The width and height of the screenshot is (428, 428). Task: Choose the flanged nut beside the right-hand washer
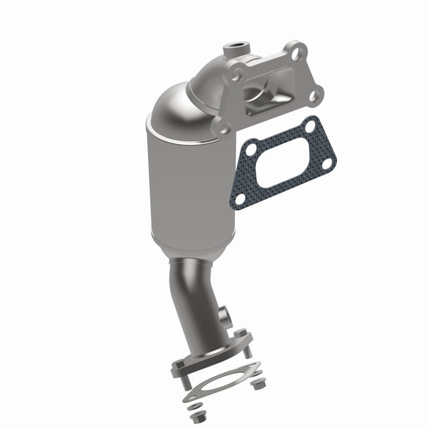click(x=261, y=383)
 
